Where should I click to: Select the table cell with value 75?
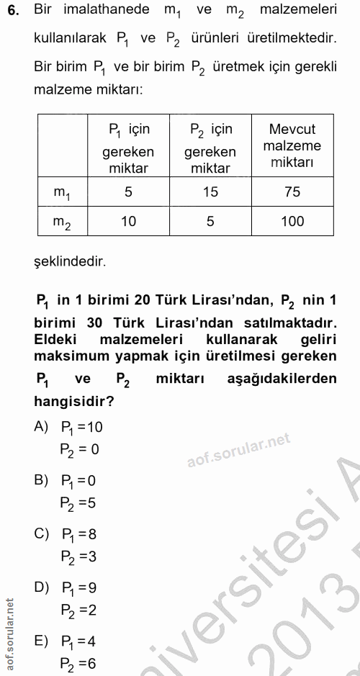pos(292,192)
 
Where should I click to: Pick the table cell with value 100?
pos(292,221)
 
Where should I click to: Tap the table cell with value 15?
pos(210,192)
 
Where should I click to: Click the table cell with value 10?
pos(128,221)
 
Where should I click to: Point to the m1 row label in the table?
pos(63,193)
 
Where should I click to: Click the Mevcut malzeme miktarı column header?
pos(292,146)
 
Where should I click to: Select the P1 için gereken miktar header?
pos(128,148)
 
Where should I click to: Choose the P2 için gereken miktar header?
pos(210,148)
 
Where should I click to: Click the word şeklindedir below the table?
pos(70,261)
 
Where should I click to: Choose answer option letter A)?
pos(41,426)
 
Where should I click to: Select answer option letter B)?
pos(41,479)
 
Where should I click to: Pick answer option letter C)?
pos(42,533)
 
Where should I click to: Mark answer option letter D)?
pos(42,587)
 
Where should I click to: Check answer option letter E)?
pos(41,641)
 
